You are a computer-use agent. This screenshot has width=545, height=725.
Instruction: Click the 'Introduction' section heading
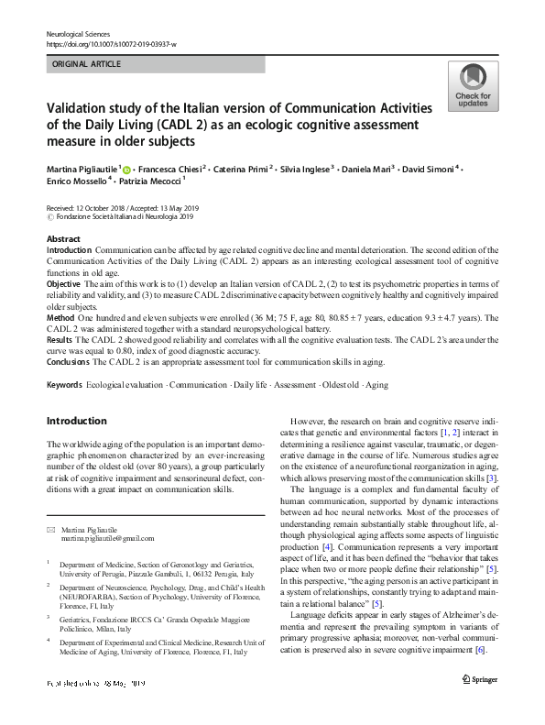(x=76, y=422)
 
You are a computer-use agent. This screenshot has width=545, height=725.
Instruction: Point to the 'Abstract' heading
(x=63, y=238)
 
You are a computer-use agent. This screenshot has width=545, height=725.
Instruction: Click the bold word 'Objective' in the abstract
(x=64, y=285)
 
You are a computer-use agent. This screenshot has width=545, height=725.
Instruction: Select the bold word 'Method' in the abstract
(x=61, y=317)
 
